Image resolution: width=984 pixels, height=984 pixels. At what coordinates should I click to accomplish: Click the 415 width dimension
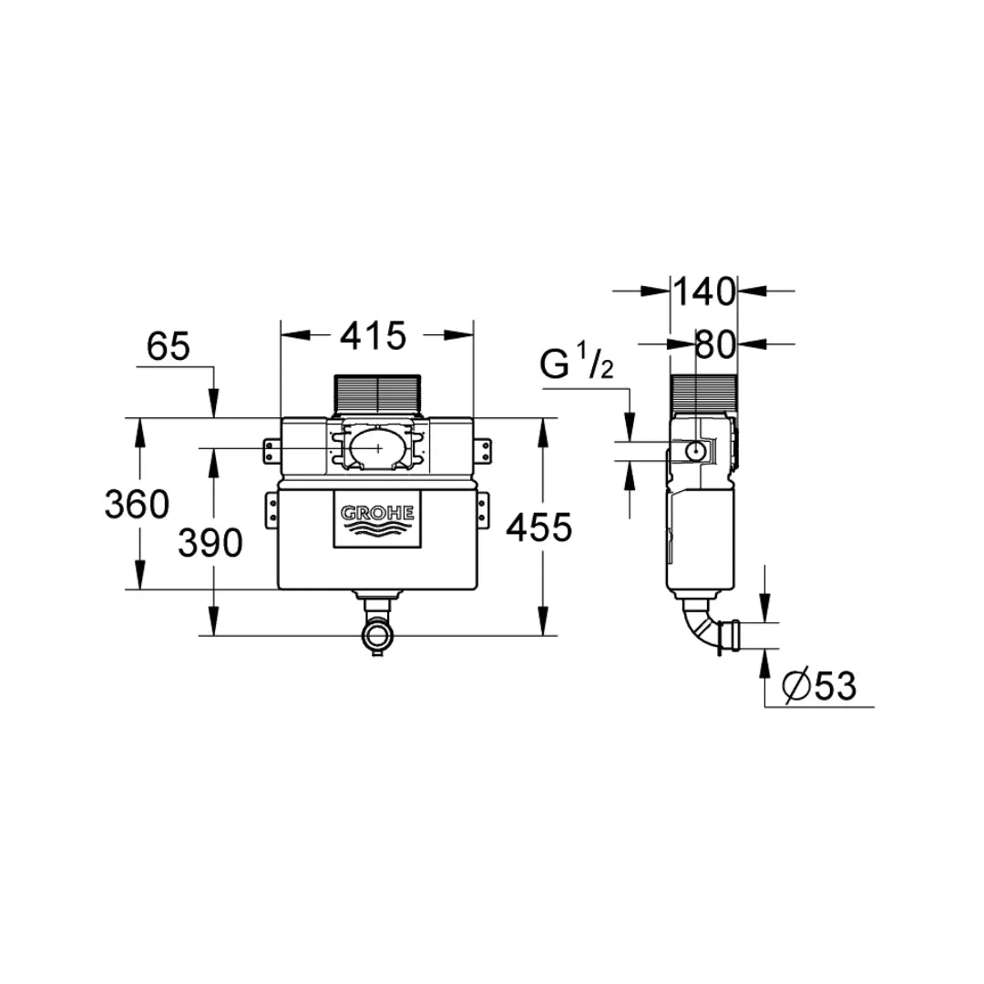coord(374,337)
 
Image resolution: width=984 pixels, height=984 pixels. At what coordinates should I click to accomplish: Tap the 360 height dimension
coord(137,504)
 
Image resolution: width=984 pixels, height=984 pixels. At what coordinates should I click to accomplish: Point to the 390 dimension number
coord(210,544)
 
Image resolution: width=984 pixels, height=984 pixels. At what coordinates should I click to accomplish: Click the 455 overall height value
coord(538,528)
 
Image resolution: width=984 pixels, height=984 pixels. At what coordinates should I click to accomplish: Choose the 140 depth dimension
coord(703,292)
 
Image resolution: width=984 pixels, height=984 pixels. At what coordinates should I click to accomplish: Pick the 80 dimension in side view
coord(715,344)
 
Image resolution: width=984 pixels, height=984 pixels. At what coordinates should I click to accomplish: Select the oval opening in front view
coord(376,447)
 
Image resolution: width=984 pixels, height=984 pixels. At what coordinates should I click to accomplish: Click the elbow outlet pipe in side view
coord(711,629)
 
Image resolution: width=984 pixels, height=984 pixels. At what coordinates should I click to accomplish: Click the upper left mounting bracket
coord(271,449)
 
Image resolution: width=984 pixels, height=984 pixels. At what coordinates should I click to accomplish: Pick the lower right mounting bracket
coord(483,508)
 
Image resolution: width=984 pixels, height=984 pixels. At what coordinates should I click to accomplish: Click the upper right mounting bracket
coord(483,449)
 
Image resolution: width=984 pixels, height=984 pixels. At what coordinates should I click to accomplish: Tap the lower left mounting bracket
coord(271,508)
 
